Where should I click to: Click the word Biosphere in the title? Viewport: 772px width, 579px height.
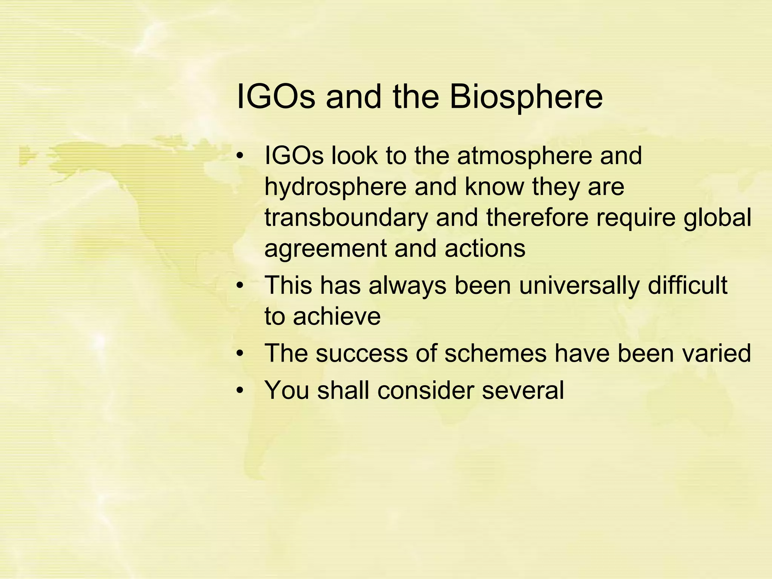click(x=526, y=97)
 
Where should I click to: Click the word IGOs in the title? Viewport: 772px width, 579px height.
click(x=275, y=97)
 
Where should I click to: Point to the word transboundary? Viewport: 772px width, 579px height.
click(x=346, y=218)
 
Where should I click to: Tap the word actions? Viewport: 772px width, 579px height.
click(x=485, y=249)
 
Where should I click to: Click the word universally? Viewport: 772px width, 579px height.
click(x=579, y=285)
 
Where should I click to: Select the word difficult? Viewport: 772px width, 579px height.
click(x=688, y=285)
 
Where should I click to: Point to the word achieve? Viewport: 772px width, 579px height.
click(x=337, y=316)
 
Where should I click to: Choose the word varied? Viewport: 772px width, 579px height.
click(x=711, y=353)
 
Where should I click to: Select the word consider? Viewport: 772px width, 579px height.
click(x=425, y=390)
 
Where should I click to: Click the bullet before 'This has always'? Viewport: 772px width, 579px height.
click(x=240, y=286)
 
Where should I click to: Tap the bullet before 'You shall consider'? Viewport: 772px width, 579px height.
click(x=240, y=391)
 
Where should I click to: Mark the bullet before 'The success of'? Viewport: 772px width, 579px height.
click(x=240, y=354)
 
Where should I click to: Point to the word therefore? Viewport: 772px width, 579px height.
click(x=537, y=218)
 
